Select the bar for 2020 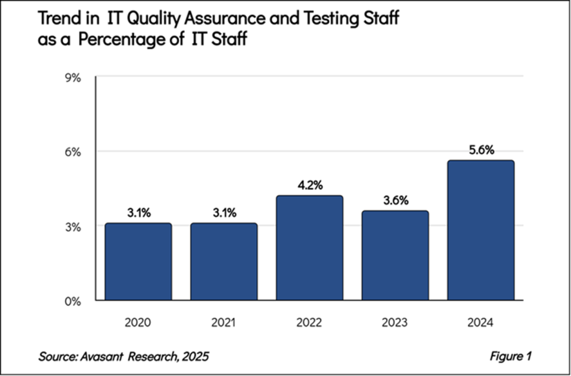click(139, 262)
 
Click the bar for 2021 click(223, 262)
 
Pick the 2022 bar click(309, 248)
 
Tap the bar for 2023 click(395, 256)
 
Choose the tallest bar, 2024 click(481, 231)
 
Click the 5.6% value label click(481, 150)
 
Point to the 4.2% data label click(309, 185)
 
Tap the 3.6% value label click(395, 200)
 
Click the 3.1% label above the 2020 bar click(139, 213)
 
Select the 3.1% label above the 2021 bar click(223, 213)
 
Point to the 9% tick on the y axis click(73, 78)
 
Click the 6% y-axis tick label click(73, 152)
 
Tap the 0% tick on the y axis click(73, 302)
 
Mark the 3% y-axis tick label click(73, 227)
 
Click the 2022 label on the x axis click(309, 322)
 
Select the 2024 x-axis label click(481, 322)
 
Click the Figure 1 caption click(510, 356)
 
